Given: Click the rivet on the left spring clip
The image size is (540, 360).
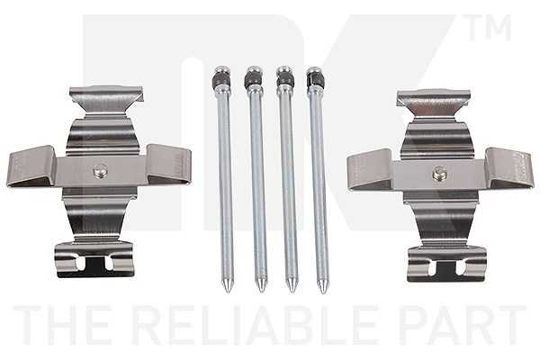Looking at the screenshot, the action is coord(101,170).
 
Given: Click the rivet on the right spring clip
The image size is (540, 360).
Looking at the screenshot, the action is coord(440,174).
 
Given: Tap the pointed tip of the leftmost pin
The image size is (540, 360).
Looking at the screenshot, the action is coord(228,291).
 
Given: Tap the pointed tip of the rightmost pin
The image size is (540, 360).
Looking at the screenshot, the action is coord(322,292).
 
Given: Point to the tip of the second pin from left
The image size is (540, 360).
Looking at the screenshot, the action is coord(261,292).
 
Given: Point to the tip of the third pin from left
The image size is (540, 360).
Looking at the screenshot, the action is coord(292,292).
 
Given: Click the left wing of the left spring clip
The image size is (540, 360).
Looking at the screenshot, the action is coord(31,166).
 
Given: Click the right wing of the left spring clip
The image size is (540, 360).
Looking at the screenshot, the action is coord(169,165).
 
